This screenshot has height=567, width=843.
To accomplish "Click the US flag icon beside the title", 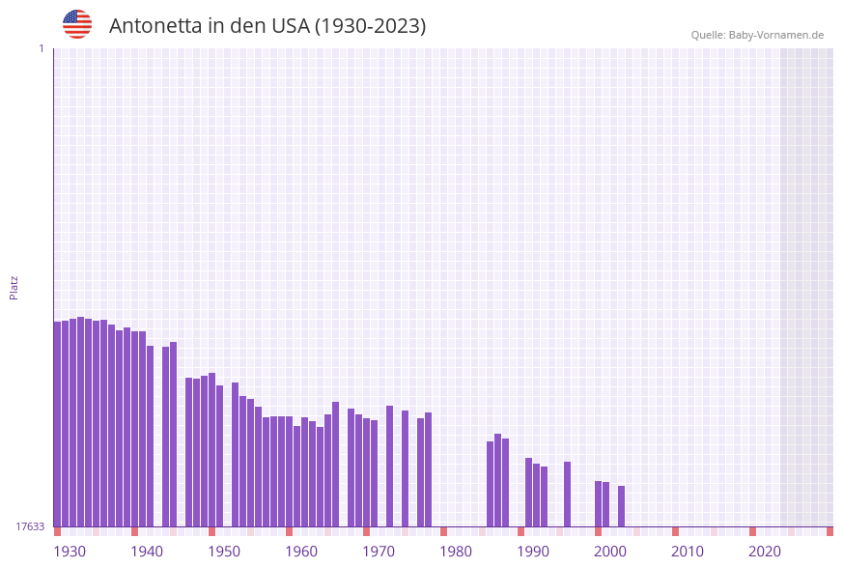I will pos(77,24).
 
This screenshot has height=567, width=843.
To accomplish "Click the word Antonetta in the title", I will pos(154,26).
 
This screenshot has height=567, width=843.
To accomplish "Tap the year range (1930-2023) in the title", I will pos(371,26).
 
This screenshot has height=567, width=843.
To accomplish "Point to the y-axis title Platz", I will pos(14,287).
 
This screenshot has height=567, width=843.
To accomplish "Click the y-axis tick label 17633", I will pos(30,526).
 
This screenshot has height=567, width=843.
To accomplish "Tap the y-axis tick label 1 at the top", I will pos(41,48).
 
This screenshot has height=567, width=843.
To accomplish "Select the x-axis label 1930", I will pos(70,552).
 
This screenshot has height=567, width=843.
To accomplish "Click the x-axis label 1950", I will pos(224,552).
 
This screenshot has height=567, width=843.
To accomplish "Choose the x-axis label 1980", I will pos(456,552).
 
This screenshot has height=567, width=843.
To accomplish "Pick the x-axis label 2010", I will pos(688,552).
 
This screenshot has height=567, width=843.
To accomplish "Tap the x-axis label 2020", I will pos(765,552).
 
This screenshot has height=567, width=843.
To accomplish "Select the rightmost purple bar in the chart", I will pos(621,506).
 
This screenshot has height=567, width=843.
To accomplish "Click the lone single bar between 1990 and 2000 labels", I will pos(567,494).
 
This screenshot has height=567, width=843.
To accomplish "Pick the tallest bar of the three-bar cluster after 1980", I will pos(497,480).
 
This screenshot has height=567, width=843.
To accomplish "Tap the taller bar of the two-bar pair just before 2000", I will pos(598,503).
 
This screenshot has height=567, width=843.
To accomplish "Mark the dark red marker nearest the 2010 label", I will pos(675,531).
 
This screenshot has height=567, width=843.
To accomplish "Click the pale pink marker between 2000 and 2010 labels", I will pos(636,531).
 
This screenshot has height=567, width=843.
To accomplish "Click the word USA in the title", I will pos(290,26).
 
